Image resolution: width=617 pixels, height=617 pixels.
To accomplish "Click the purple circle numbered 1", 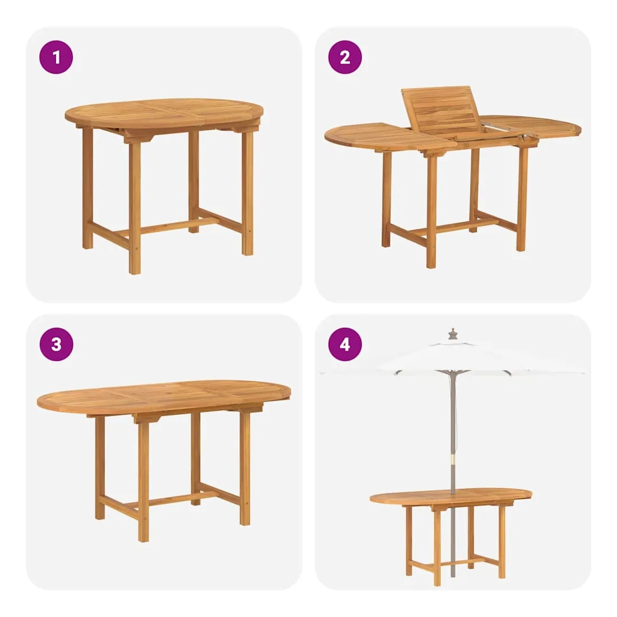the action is click(x=56, y=57).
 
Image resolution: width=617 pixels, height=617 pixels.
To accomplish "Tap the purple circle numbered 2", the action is click(x=345, y=57).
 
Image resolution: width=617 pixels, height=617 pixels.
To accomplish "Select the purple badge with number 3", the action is click(x=56, y=344).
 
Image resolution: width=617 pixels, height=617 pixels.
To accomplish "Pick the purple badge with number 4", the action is click(x=345, y=344).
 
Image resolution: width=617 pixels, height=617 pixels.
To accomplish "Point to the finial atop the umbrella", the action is click(x=453, y=334).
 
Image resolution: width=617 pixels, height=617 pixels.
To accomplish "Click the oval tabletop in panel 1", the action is click(x=164, y=114).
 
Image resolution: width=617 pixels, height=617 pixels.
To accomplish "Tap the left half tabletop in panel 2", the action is click(x=390, y=136).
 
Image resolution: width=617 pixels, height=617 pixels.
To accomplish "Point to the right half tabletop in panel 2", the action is click(x=531, y=125).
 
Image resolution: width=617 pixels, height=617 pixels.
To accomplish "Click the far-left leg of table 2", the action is click(x=386, y=199).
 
